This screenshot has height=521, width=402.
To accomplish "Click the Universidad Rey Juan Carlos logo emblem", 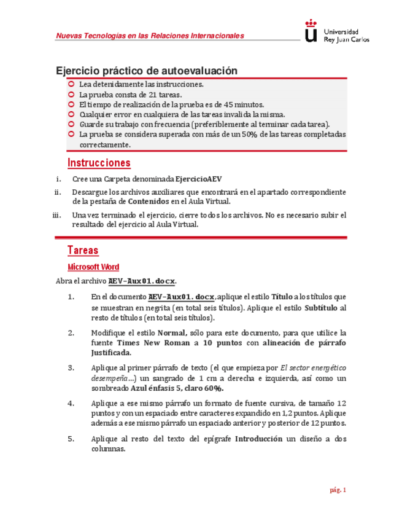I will (312, 31).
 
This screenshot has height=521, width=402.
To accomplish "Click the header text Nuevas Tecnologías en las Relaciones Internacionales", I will (150, 36).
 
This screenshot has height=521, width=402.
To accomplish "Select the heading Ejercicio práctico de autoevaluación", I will (146, 71).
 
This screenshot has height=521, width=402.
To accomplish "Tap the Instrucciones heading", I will (98, 163).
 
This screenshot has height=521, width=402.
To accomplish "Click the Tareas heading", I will (82, 251).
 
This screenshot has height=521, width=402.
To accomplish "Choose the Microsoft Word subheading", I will (93, 267).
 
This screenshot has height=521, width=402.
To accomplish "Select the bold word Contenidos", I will (148, 201).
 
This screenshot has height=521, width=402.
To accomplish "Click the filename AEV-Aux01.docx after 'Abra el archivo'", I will (142, 281).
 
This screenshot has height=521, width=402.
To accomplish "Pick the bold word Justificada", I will (110, 353).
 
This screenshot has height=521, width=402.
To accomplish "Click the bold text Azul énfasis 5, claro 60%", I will (177, 388).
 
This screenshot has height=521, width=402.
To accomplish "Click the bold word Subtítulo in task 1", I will (321, 307).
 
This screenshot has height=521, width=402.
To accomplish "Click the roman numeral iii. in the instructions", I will (57, 215).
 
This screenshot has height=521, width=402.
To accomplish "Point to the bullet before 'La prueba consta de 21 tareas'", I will (71, 95).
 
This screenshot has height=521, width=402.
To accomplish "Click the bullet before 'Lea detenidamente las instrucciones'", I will (71, 84).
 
